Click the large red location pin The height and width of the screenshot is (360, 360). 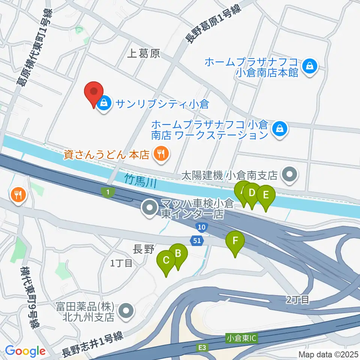coord(94,93)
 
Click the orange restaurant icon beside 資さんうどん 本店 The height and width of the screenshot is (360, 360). coord(161,154)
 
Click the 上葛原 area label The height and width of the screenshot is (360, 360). coord(144,54)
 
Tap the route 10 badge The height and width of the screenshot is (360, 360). coord(201,226)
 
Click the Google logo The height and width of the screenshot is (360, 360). coord(25,351)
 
